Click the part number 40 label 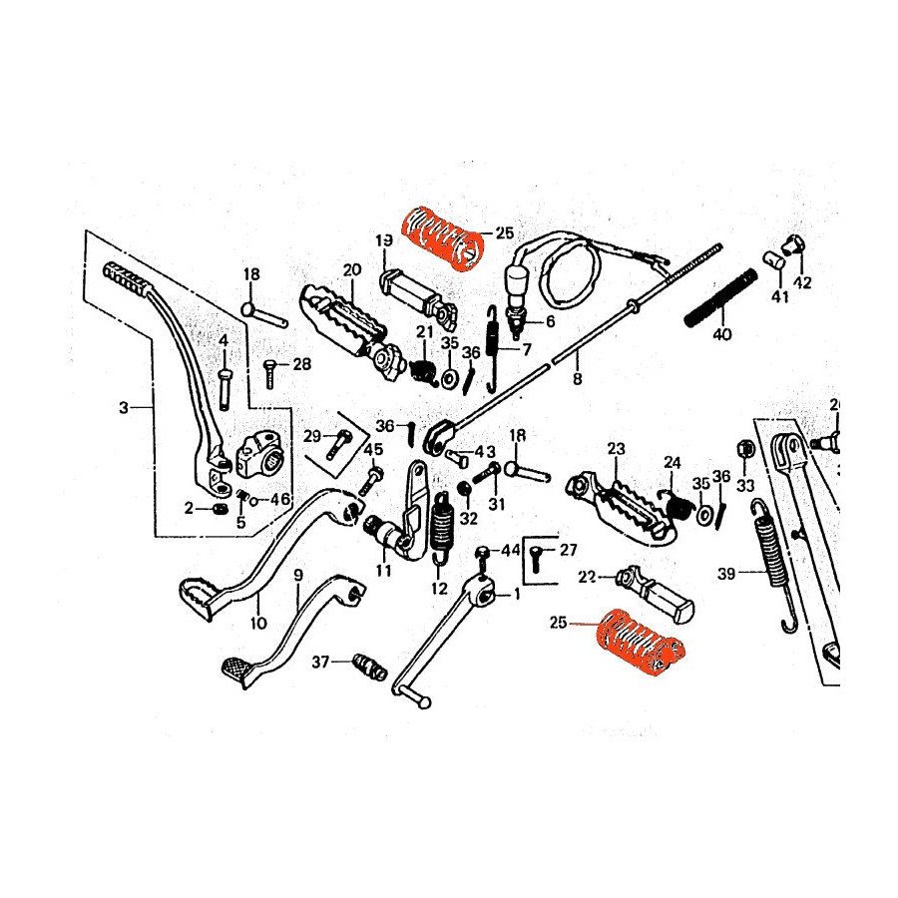[722, 335]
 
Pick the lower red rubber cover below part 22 [638, 644]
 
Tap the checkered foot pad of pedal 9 [238, 669]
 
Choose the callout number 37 [320, 662]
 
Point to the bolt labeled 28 [269, 371]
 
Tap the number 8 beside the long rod [576, 378]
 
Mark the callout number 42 [803, 282]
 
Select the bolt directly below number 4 [224, 386]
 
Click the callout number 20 [350, 270]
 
